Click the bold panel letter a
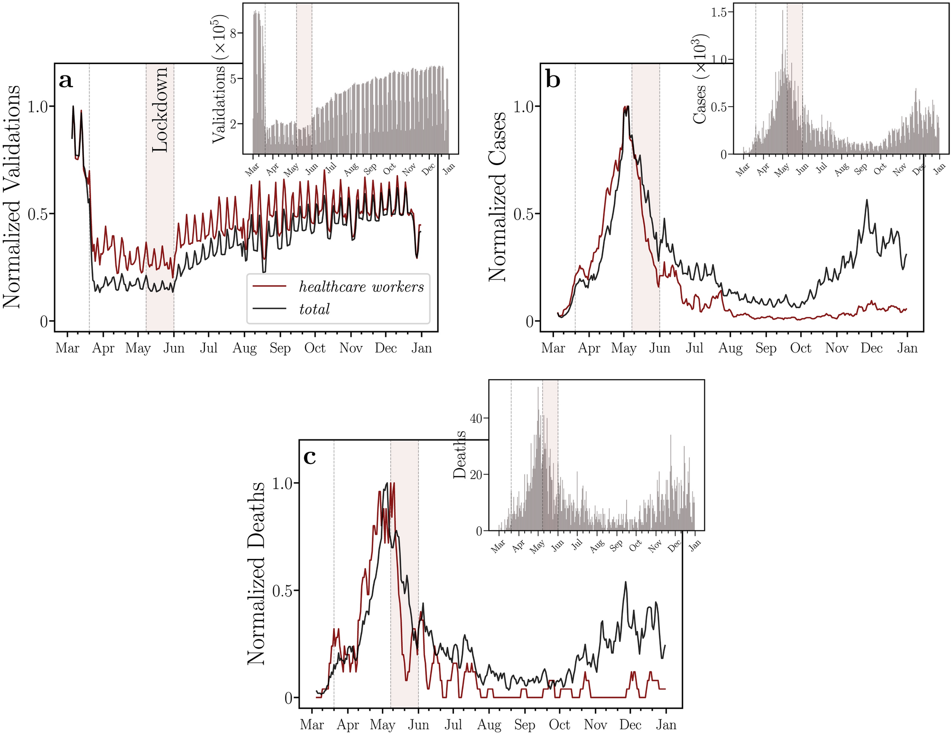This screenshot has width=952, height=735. coord(66,81)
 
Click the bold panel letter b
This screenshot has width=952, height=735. coord(553,79)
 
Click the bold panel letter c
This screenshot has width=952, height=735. coord(309,457)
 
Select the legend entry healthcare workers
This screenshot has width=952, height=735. coord(361,287)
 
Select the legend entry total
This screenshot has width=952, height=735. coord(314,309)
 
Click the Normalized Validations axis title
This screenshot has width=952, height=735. coord(13,196)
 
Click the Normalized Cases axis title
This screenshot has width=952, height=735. coord(498,196)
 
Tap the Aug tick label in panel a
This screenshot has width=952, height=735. coord(244,348)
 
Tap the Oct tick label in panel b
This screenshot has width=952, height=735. coord(801,348)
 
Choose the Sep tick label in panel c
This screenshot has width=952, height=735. coord(524,725)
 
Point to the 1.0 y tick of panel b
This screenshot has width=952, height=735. coord(524,106)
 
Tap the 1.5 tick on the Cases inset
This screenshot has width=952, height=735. coord(719,12)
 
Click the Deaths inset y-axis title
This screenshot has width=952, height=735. coord(460,455)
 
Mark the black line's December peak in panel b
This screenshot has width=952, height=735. coord(867,200)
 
